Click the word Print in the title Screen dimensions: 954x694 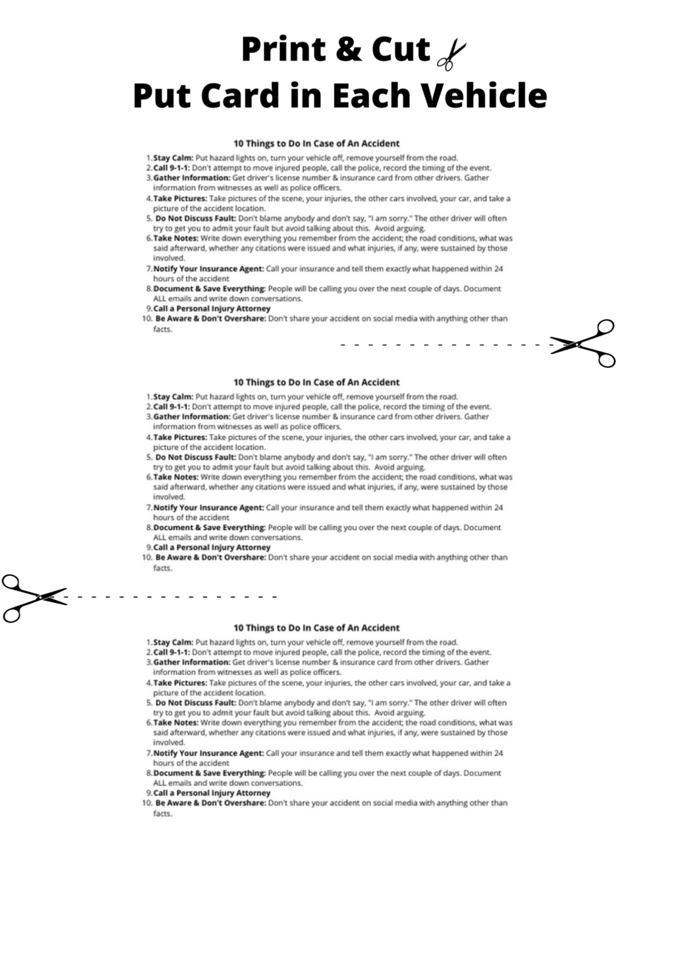pyautogui.click(x=283, y=50)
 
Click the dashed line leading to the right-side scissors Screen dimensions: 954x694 pyautogui.click(x=446, y=345)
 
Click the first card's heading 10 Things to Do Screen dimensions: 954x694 pyautogui.click(x=317, y=144)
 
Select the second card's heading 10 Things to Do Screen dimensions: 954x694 pyautogui.click(x=317, y=382)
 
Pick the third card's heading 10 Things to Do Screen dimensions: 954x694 pyautogui.click(x=317, y=628)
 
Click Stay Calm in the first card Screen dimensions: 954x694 pyautogui.click(x=173, y=159)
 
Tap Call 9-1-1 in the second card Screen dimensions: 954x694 pyautogui.click(x=171, y=407)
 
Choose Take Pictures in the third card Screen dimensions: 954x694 pyautogui.click(x=180, y=683)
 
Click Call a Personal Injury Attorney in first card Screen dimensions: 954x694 pyautogui.click(x=212, y=309)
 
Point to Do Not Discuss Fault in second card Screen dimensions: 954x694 pyautogui.click(x=195, y=457)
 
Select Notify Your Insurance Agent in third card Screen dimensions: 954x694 pyautogui.click(x=208, y=753)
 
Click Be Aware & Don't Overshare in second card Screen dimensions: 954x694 pyautogui.click(x=210, y=558)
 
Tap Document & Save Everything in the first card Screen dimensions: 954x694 pyautogui.click(x=209, y=289)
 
